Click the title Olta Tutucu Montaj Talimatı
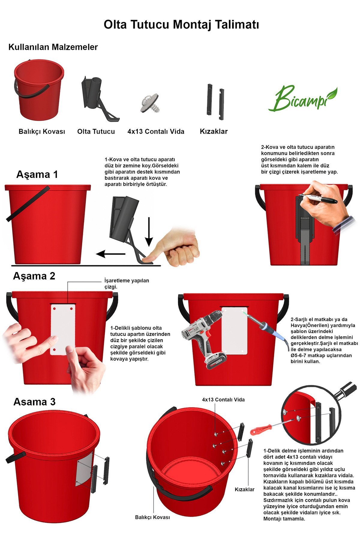click(x=181, y=25)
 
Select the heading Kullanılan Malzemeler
click(x=53, y=47)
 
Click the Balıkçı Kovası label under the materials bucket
click(x=42, y=131)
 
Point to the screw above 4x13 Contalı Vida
click(x=150, y=103)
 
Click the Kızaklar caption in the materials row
click(x=214, y=131)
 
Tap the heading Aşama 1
click(x=37, y=175)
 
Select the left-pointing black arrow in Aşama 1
click(x=111, y=254)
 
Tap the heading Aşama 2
click(x=34, y=276)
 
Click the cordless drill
click(x=204, y=339)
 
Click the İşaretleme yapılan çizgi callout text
click(x=127, y=283)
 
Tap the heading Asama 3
click(x=34, y=402)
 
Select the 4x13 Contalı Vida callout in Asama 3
click(x=223, y=400)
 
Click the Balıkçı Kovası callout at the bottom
click(x=152, y=517)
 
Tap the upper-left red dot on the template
click(x=55, y=308)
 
